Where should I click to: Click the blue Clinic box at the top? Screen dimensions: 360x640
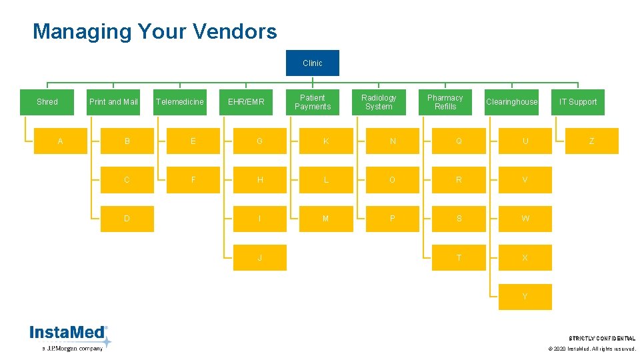coord(312,63)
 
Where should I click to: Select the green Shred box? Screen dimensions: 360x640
coord(47,102)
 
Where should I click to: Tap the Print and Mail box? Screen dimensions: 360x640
coord(113,102)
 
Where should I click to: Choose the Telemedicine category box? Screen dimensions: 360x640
coord(179,102)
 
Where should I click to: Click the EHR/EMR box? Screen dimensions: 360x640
coord(246,102)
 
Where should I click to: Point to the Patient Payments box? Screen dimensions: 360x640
coord(312,102)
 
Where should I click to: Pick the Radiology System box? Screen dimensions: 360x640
coord(379,102)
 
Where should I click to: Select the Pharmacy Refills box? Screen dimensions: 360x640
coord(445,102)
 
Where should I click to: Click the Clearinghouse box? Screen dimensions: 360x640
coord(511,102)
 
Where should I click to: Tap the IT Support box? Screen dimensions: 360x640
coord(578,102)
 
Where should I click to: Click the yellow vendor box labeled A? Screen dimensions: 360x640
coord(61,141)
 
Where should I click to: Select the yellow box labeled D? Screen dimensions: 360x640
coord(127,219)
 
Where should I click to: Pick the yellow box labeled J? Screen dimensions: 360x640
coord(259,257)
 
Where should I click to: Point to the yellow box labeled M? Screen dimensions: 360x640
coord(325,219)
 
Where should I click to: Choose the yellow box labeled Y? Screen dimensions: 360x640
coord(525,297)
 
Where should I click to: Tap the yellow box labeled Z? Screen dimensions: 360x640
coord(591,141)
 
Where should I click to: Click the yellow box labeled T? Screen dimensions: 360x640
coord(459,257)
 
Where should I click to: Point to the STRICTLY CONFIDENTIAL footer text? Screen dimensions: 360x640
coord(602,339)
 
